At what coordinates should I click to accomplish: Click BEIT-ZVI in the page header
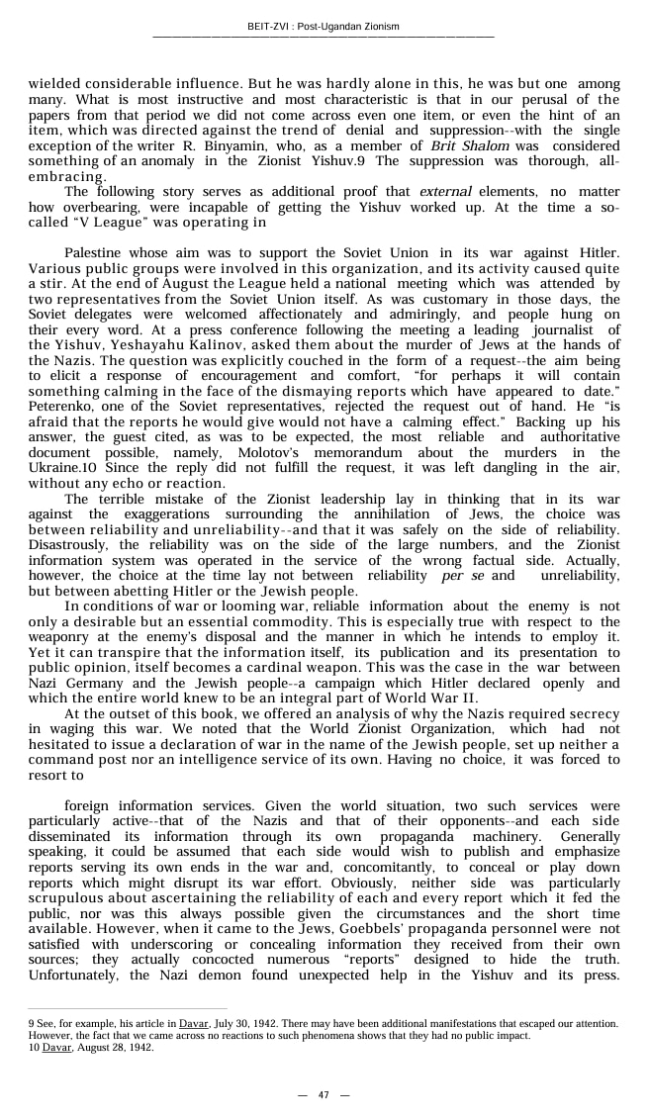tap(267, 27)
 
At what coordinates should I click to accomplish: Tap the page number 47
tap(324, 1094)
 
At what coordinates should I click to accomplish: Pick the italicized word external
tap(445, 191)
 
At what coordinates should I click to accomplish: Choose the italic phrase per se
tap(465, 575)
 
